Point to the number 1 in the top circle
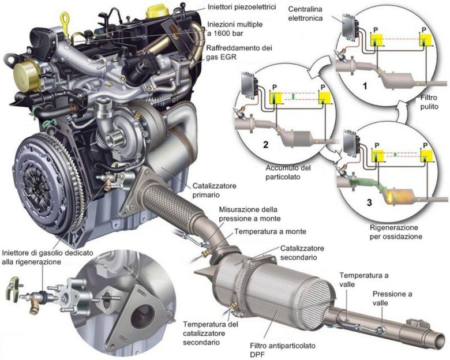(365, 86)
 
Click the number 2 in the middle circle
(266, 144)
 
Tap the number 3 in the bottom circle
(369, 202)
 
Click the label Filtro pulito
(429, 102)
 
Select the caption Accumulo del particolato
(284, 172)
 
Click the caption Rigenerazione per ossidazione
(396, 232)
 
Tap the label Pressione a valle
(392, 298)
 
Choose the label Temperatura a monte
(270, 231)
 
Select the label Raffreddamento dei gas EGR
(239, 52)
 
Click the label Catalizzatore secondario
(302, 252)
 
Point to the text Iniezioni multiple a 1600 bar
(235, 29)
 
